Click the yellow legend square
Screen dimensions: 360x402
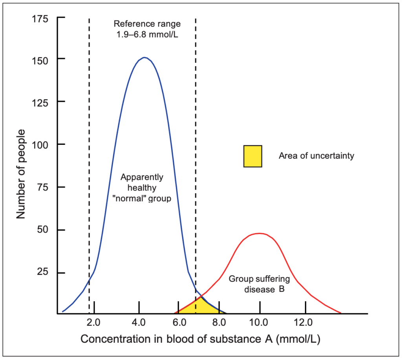point(252,156)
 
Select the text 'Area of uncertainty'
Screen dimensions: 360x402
point(316,156)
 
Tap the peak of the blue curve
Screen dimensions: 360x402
point(144,58)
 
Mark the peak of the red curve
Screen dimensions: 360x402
point(259,234)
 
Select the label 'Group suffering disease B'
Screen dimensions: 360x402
point(259,284)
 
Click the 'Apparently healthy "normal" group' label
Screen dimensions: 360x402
point(142,187)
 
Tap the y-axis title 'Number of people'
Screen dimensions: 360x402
point(22,174)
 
